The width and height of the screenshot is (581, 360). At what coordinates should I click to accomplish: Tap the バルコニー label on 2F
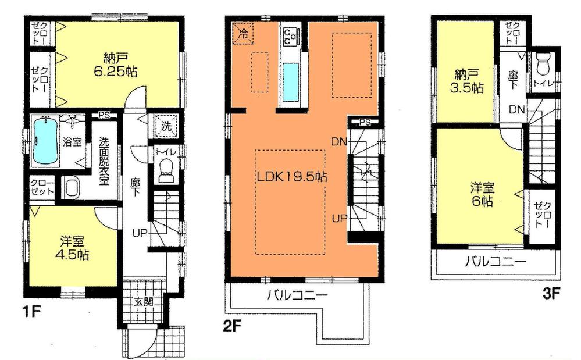click(x=297, y=295)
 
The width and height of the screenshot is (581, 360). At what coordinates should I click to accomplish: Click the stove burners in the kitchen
click(x=289, y=36)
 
